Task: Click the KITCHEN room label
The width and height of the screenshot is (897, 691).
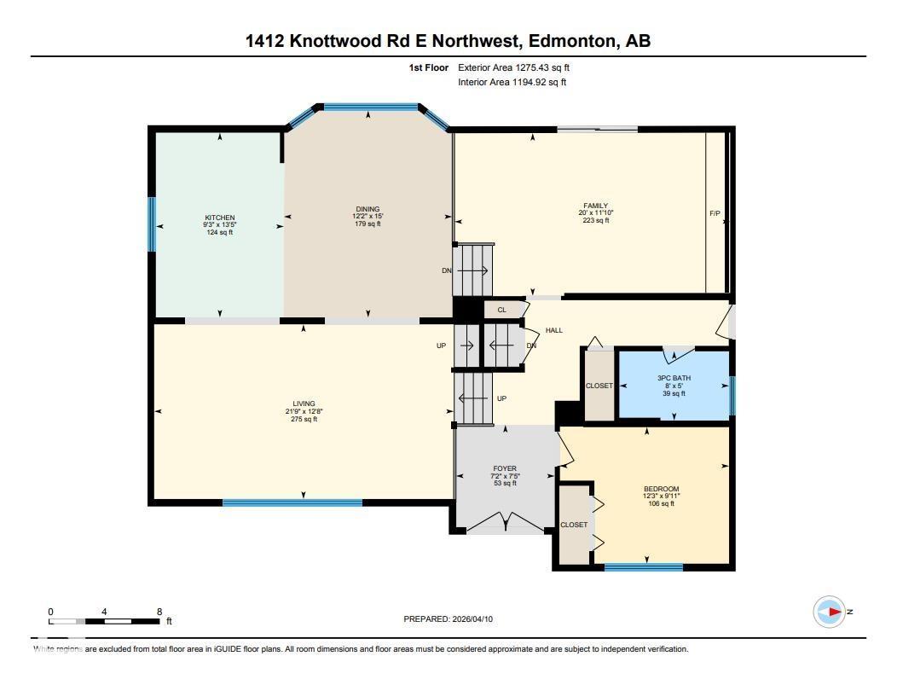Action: coord(219,218)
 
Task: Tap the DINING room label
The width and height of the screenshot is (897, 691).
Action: coord(367,209)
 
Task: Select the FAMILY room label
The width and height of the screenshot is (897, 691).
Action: coord(595,206)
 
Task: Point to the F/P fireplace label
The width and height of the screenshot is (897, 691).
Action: coord(715,213)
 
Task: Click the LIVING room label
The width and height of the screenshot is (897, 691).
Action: coord(304,404)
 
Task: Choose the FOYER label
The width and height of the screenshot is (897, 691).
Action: coord(505,468)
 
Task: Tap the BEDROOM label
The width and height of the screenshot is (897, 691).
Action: coord(661,489)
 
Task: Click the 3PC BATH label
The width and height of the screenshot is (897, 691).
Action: coord(674,378)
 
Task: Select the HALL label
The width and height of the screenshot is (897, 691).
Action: coord(554,330)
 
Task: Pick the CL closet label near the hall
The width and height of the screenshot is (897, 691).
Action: coord(502,310)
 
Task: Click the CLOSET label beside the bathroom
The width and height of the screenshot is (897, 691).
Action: coord(599,386)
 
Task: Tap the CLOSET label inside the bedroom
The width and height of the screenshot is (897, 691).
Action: coord(574,525)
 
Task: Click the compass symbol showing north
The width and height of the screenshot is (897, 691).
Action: coord(830,612)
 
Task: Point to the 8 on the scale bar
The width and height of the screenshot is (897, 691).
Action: coord(159,612)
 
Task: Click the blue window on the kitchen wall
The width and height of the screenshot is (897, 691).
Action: coord(152,224)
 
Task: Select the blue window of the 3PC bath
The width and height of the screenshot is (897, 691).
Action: coord(732,395)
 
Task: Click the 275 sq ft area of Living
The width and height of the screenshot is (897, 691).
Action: coord(304,419)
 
